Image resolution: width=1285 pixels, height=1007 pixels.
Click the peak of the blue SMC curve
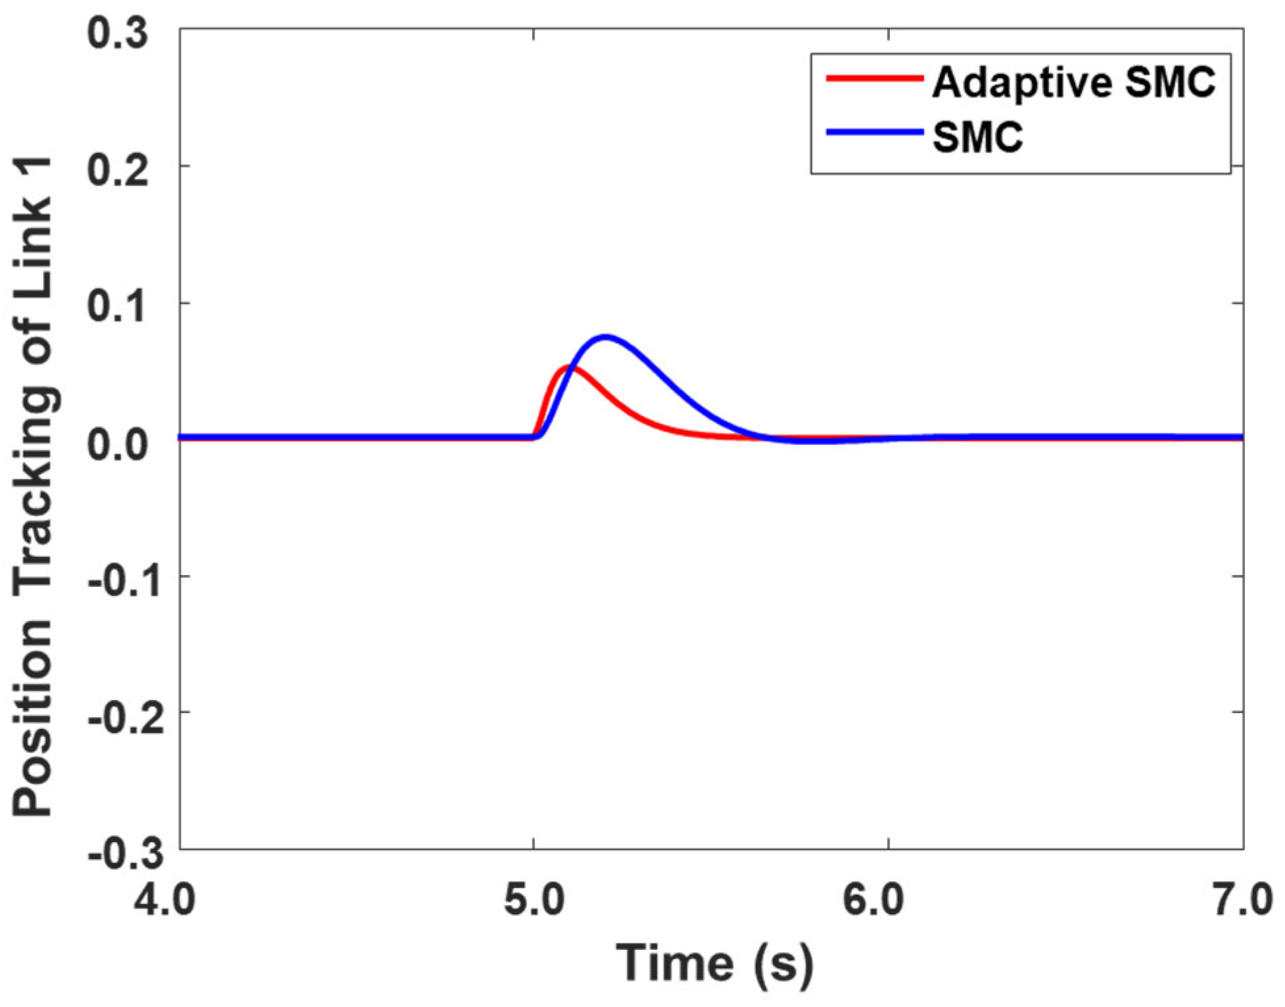(605, 338)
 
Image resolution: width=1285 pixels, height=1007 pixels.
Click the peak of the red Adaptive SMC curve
(569, 368)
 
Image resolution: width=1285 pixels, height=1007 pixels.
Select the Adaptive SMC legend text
(1073, 83)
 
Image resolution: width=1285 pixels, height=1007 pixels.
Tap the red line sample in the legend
(874, 78)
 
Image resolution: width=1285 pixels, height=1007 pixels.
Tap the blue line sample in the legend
(874, 133)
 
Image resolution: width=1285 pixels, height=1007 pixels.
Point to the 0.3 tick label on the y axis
(118, 33)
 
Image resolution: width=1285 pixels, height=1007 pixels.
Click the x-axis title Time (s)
(714, 962)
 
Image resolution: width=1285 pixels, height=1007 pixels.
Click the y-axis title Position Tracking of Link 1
(33, 486)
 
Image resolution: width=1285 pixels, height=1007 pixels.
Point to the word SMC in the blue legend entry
(977, 137)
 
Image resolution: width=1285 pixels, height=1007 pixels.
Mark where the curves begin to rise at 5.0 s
(534, 436)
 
